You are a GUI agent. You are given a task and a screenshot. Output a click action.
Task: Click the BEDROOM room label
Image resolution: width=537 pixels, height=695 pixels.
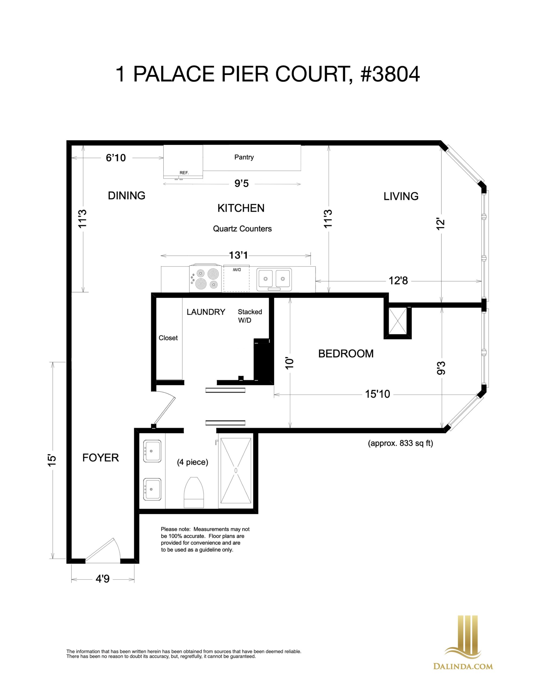click(346, 353)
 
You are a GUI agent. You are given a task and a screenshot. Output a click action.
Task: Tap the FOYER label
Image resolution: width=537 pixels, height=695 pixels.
click(101, 458)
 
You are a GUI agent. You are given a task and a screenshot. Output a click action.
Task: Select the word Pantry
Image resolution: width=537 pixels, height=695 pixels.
click(244, 157)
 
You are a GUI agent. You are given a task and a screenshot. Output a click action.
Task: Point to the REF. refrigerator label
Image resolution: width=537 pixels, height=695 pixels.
click(184, 173)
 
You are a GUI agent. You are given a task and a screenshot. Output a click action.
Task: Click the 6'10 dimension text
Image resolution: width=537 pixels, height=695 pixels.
click(116, 158)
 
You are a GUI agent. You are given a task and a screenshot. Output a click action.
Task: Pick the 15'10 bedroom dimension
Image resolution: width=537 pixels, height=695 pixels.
click(378, 394)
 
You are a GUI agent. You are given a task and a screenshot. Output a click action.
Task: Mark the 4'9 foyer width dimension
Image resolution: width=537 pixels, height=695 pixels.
click(103, 579)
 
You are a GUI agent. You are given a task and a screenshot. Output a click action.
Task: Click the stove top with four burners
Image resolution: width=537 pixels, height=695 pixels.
click(205, 278)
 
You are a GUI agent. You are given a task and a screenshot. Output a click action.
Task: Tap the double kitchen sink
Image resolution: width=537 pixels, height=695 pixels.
click(274, 279)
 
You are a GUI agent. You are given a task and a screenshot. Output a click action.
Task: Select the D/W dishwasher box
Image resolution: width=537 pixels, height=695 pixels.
click(236, 279)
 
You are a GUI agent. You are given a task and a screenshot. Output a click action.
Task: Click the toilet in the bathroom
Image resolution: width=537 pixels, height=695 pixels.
click(194, 492)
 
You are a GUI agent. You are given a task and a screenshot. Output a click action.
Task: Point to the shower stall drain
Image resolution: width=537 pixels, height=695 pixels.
click(236, 470)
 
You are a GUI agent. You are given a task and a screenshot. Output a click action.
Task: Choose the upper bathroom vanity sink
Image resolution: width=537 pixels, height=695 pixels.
click(152, 451)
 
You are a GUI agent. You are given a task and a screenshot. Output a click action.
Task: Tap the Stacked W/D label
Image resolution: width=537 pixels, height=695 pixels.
click(250, 316)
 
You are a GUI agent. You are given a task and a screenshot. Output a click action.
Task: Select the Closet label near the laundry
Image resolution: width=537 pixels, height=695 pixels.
click(168, 338)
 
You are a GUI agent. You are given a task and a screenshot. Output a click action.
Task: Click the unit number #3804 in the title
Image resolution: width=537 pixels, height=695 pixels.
click(390, 74)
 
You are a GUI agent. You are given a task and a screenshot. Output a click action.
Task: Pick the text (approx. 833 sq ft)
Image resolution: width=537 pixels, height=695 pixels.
click(400, 443)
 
